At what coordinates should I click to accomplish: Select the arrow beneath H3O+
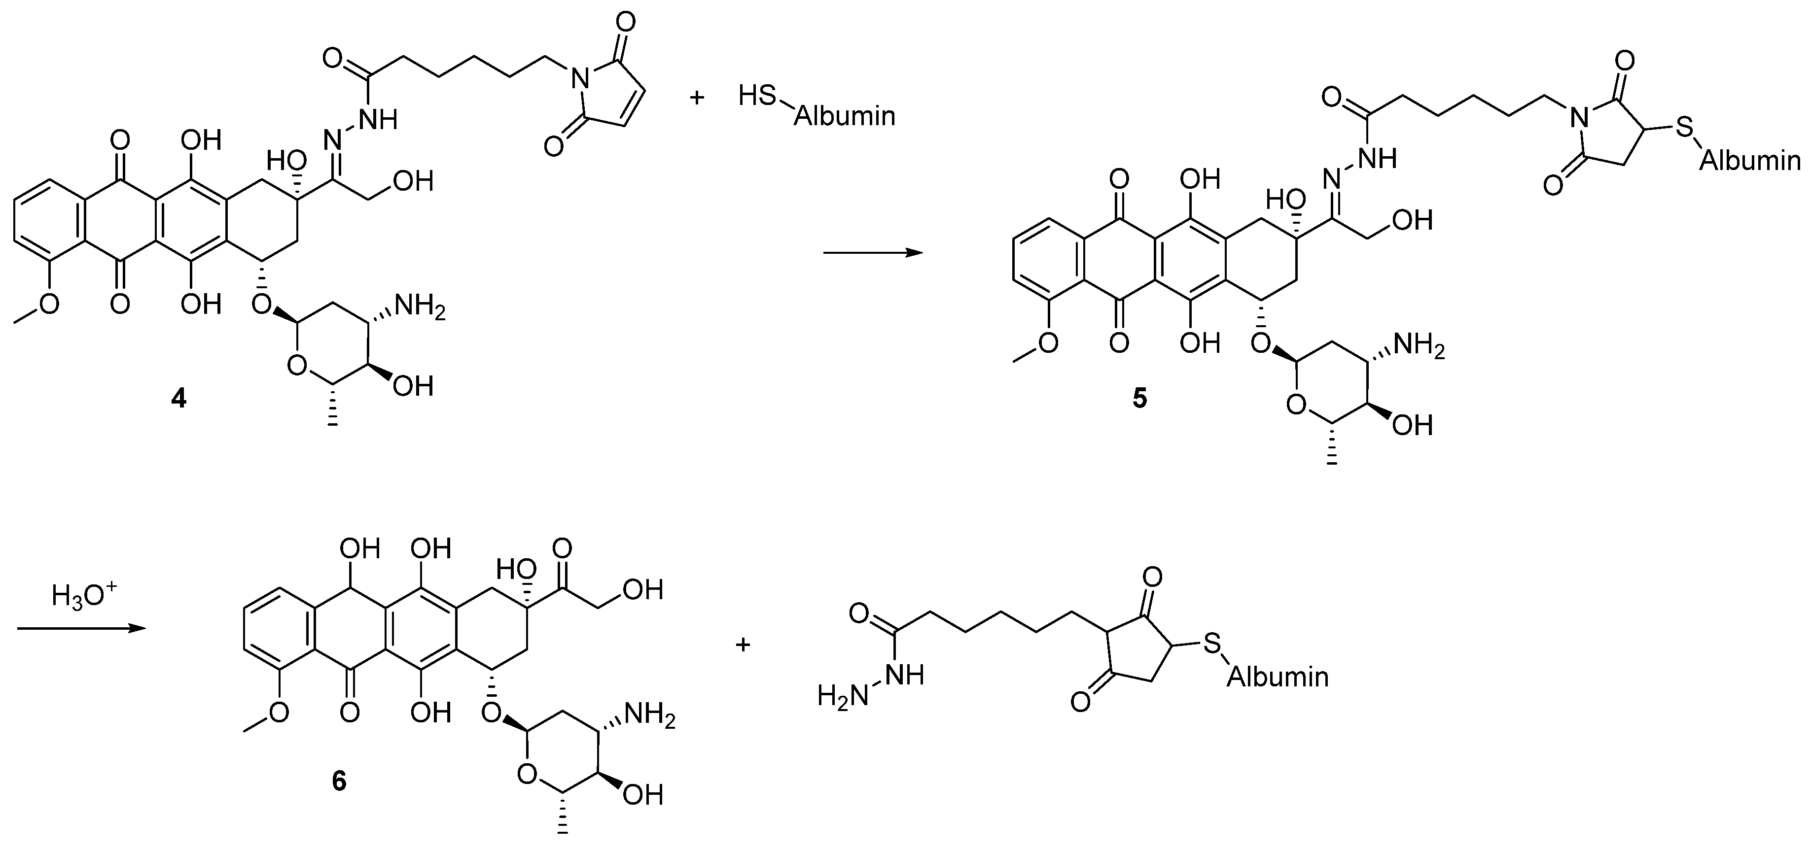pos(81,628)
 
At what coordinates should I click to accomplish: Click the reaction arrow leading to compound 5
pos(872,253)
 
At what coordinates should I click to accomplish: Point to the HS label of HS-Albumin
pos(757,96)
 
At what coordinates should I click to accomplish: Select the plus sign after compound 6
pos(743,645)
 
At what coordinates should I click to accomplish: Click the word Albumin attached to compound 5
pos(1750,162)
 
